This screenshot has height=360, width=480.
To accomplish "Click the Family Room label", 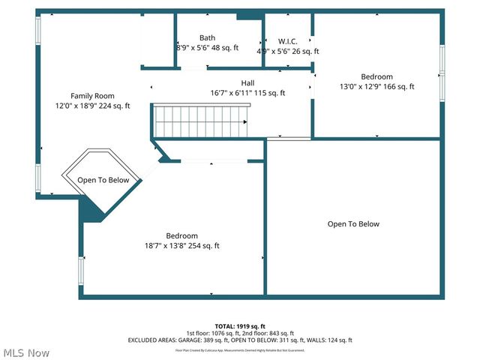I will [92, 95].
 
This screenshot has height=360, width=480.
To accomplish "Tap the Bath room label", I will [208, 37].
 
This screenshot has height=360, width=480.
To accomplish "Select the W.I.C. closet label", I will [288, 40].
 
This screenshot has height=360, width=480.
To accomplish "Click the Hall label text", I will [247, 82].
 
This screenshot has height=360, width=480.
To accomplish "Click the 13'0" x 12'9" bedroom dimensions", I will [376, 87].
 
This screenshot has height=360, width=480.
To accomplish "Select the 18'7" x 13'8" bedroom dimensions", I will [182, 245].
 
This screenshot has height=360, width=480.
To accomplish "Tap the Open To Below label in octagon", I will [103, 180].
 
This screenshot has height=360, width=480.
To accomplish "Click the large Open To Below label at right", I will [353, 223].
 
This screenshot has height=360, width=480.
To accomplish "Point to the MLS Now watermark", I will [26, 352].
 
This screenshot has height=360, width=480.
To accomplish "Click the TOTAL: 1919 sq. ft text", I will [240, 326].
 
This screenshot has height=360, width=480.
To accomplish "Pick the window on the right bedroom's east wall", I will [442, 72].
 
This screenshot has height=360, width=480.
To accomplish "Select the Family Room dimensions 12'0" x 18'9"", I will [92, 106].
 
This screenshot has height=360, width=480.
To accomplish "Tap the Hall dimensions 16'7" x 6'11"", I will [247, 93].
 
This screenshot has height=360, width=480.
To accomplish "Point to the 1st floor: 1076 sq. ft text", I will [211, 333].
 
